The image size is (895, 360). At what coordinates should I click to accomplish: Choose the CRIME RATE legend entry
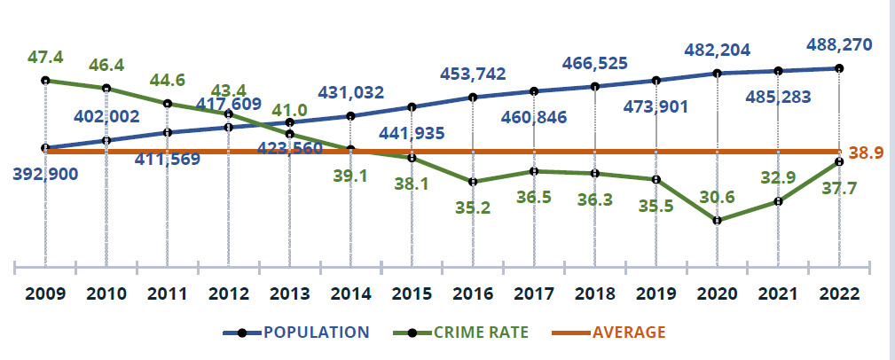(479, 333)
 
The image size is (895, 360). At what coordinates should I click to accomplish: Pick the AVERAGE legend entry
(629, 333)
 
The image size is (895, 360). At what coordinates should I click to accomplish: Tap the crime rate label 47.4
(45, 57)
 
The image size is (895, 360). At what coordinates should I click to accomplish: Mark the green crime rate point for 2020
(717, 220)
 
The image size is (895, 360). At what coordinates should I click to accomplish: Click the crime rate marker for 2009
(44, 81)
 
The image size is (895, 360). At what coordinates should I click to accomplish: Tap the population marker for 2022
(838, 68)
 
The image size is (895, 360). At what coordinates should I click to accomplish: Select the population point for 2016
(473, 98)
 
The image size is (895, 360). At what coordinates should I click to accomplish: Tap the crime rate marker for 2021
(778, 201)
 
